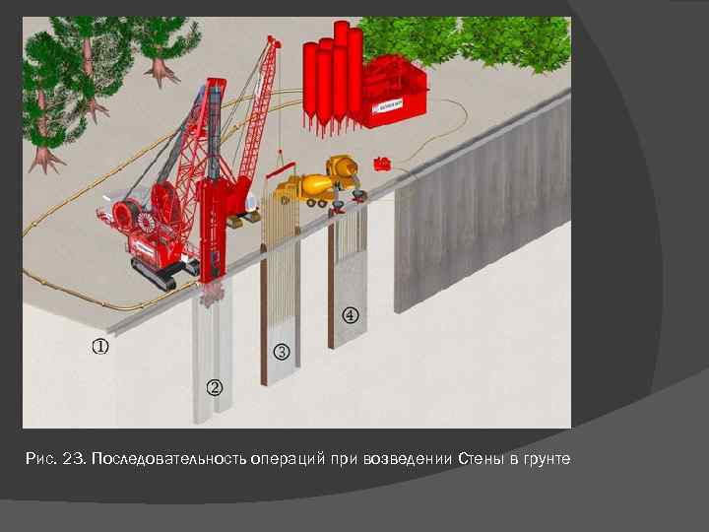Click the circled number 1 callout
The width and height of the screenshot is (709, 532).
tap(100, 347)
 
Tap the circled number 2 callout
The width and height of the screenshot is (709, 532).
tap(215, 386)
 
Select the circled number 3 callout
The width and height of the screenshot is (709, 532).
tap(282, 352)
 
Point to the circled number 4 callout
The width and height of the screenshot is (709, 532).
tap(351, 316)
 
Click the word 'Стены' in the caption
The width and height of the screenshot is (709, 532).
tap(481, 461)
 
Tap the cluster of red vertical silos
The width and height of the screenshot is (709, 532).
tap(331, 74)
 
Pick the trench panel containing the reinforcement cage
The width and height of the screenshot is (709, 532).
tap(281, 296)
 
